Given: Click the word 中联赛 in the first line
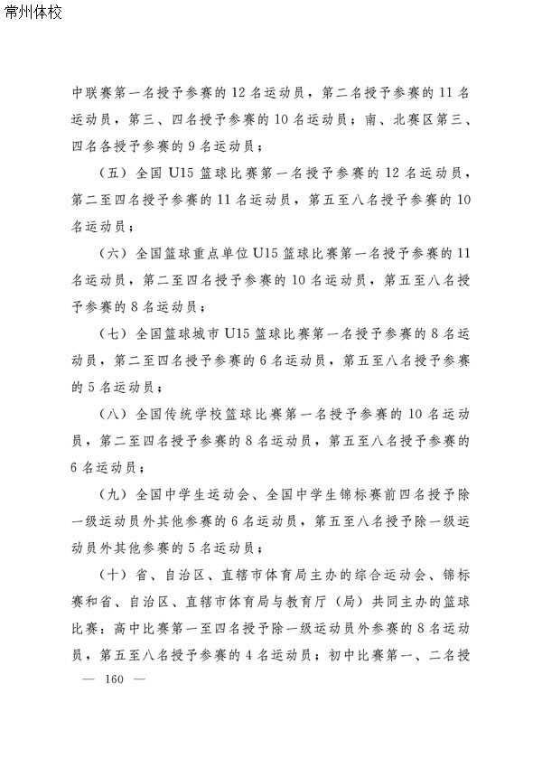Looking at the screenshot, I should coord(91,91).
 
